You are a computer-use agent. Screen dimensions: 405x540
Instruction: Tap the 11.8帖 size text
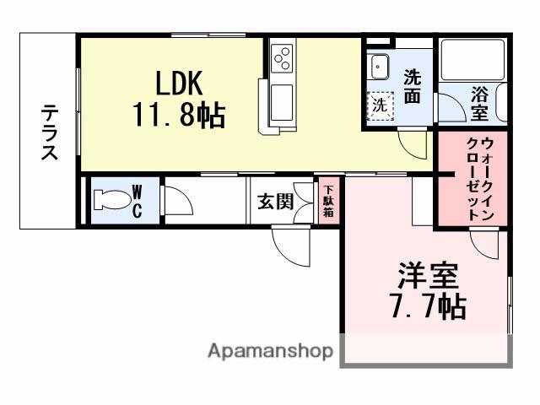[x=178, y=115]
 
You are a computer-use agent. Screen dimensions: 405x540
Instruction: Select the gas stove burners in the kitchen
[x=282, y=58]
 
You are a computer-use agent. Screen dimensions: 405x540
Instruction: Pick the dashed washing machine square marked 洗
[x=381, y=105]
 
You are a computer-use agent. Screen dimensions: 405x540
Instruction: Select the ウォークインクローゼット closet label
[x=478, y=179]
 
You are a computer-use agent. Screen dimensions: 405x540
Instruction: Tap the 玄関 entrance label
[x=274, y=202]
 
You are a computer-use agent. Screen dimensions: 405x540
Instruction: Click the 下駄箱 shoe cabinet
[x=327, y=201]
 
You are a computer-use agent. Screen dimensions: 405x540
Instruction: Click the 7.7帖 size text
[x=428, y=306]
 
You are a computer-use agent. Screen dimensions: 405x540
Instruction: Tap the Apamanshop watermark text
[x=270, y=351]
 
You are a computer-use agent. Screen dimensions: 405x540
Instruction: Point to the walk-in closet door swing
[x=486, y=246]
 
